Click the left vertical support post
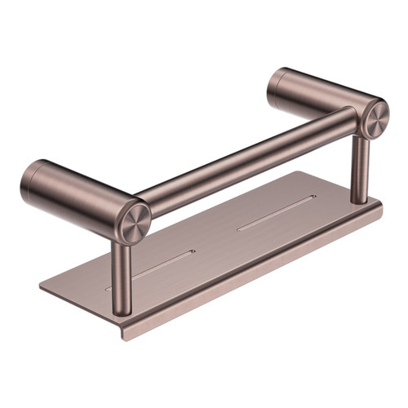coord(122,265)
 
